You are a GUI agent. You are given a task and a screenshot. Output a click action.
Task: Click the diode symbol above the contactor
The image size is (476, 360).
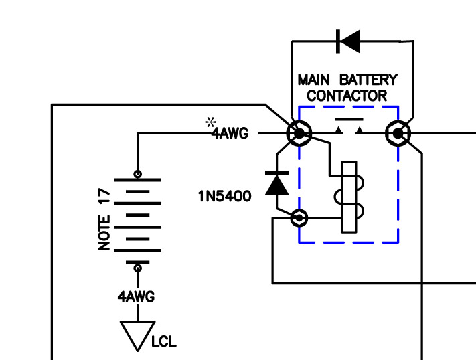pos(348,41)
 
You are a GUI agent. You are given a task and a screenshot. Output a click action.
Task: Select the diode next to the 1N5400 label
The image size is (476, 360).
pos(277,183)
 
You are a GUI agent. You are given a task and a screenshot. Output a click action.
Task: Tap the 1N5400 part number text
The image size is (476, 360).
pos(224,197)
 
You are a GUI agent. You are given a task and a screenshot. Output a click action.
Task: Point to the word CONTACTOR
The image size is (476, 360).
pos(347,96)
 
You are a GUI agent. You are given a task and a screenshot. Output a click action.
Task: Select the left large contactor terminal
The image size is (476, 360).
pos(299,134)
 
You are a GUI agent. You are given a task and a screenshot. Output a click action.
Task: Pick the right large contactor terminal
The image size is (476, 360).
pos(398,134)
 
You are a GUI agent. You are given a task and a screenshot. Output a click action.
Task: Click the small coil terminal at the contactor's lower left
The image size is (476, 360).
pos(299,218)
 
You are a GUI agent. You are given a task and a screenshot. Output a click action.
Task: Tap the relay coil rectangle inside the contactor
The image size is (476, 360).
pos(349,197)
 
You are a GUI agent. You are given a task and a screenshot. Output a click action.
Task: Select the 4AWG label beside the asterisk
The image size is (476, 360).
pos(230,134)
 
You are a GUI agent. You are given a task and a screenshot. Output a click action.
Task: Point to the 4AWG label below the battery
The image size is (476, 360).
pos(136,297)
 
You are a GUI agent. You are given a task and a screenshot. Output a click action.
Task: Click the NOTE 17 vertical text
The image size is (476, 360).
pos(104,219)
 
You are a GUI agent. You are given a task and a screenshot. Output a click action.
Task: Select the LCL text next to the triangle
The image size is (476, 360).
pos(163,341)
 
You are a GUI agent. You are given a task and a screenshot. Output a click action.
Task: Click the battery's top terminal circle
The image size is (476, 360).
pos(137,174)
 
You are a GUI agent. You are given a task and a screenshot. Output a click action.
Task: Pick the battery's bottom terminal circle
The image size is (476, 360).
pos(137,268)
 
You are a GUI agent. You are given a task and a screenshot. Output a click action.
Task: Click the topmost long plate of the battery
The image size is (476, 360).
pos(137,180)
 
